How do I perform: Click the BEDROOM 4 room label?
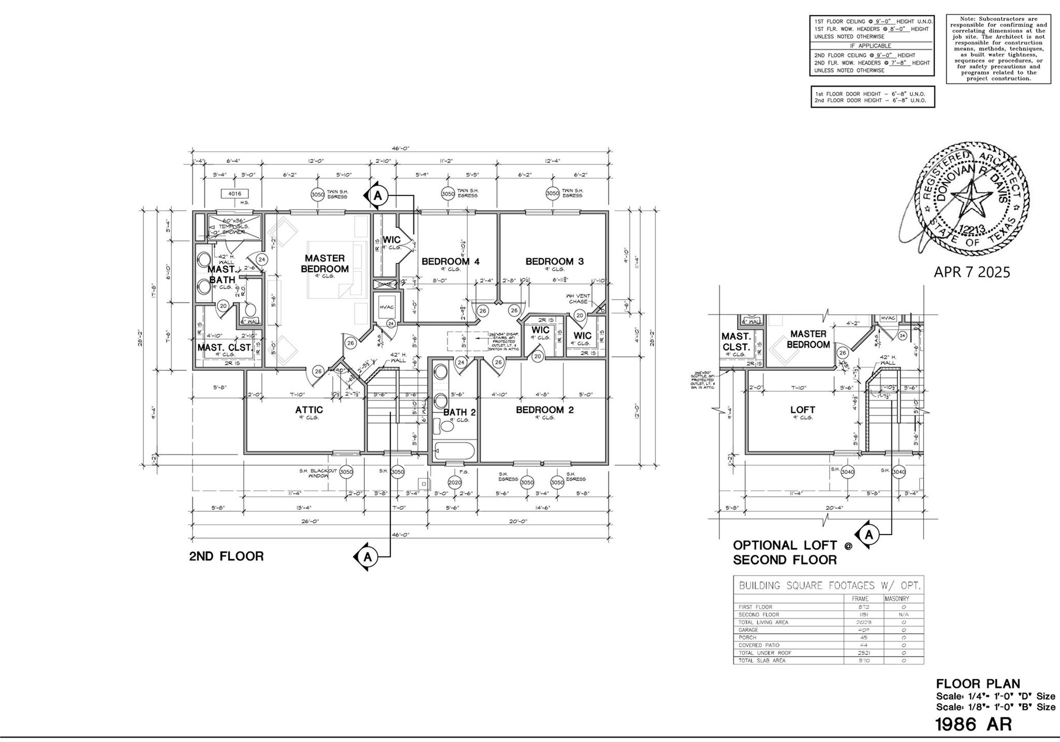[450, 261]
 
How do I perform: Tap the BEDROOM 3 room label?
[554, 261]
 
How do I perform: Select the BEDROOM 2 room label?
[544, 410]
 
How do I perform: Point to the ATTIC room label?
[309, 410]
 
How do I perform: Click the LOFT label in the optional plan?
[802, 410]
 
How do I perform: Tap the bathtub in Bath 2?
[454, 451]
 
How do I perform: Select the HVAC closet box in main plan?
[387, 307]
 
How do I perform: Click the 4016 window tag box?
[234, 194]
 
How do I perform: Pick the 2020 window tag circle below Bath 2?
[454, 482]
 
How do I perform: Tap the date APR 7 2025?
[971, 272]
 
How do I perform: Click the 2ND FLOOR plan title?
[226, 556]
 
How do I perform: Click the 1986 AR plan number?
[973, 724]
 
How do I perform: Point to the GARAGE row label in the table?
[748, 630]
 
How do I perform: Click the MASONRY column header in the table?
[896, 599]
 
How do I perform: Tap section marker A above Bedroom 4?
[377, 195]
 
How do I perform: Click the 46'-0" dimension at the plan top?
[400, 148]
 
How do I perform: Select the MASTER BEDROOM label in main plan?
[325, 263]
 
